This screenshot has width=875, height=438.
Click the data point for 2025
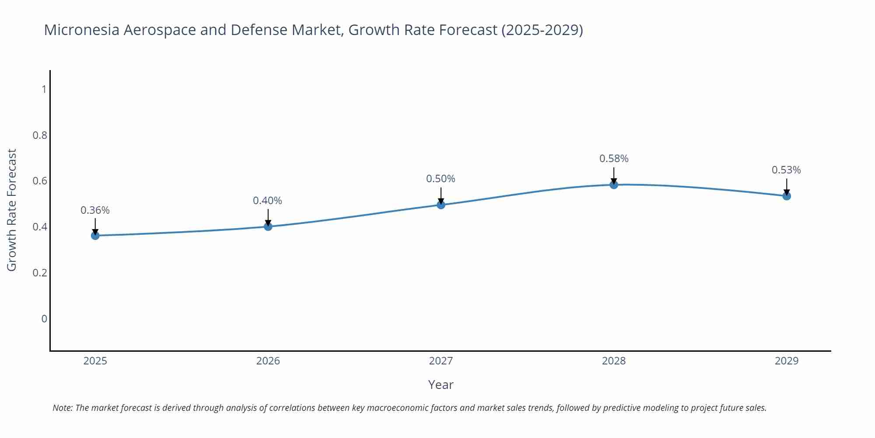coord(95,236)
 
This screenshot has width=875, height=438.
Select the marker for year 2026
coord(268,226)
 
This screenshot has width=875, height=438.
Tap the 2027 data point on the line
coord(441,205)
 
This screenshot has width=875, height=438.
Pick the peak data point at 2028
coord(614,185)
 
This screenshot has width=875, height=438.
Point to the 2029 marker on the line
coord(787,196)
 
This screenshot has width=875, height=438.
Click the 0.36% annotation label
coord(95,210)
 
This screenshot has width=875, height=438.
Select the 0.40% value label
coord(267,201)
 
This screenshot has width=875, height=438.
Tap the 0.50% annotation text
coord(441,179)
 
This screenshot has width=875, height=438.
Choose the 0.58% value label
coord(614,159)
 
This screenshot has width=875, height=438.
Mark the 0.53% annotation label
coord(786,170)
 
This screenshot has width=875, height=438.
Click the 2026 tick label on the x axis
coord(268,361)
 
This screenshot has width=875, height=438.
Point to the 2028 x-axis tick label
coord(614,361)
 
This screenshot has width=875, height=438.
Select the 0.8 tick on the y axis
coord(40,135)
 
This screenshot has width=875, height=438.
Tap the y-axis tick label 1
coord(44,89)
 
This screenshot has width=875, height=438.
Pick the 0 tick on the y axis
coord(44,319)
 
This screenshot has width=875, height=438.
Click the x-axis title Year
coord(441,385)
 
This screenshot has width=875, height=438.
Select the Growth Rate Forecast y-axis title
coord(12,210)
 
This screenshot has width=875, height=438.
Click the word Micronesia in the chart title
coord(81,30)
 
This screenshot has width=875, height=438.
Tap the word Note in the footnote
coord(62,408)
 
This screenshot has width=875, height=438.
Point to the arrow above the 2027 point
coord(441,195)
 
